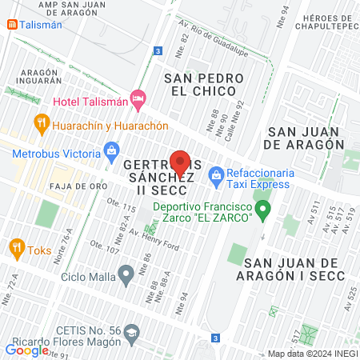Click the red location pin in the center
[x=180, y=162]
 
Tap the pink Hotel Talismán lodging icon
[x=138, y=100]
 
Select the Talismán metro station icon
[x=13, y=25]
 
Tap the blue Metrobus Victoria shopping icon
[x=112, y=150]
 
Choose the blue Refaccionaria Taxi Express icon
[x=214, y=174]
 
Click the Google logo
[x=27, y=350]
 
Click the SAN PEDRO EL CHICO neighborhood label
[x=203, y=84]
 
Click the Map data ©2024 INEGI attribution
[x=314, y=353]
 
